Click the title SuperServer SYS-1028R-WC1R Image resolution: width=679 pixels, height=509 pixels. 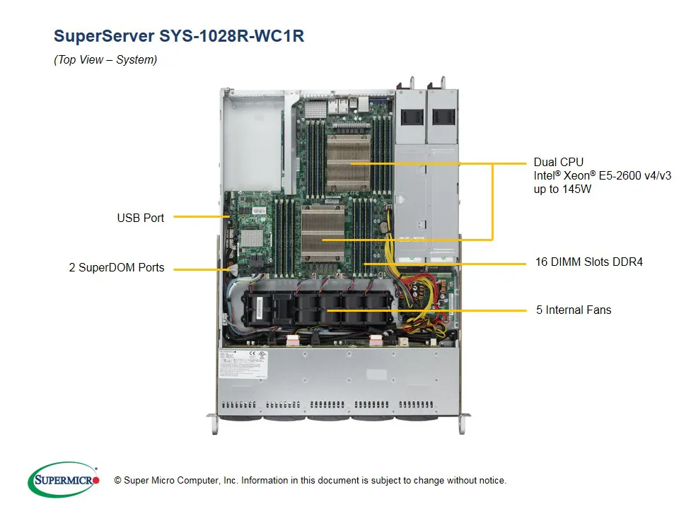[x=178, y=36]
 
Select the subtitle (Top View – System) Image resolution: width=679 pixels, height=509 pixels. [x=105, y=60]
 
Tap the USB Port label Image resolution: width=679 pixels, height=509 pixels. [x=140, y=218]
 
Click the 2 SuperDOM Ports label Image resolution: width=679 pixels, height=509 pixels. [x=117, y=268]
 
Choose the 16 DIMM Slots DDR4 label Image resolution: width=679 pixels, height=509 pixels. [x=588, y=262]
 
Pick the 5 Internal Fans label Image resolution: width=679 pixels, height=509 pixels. [x=573, y=310]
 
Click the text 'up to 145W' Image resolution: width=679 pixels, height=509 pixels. [x=564, y=189]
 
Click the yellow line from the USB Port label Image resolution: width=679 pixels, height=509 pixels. [x=199, y=217]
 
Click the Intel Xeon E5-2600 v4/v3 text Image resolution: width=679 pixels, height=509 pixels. [x=602, y=176]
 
